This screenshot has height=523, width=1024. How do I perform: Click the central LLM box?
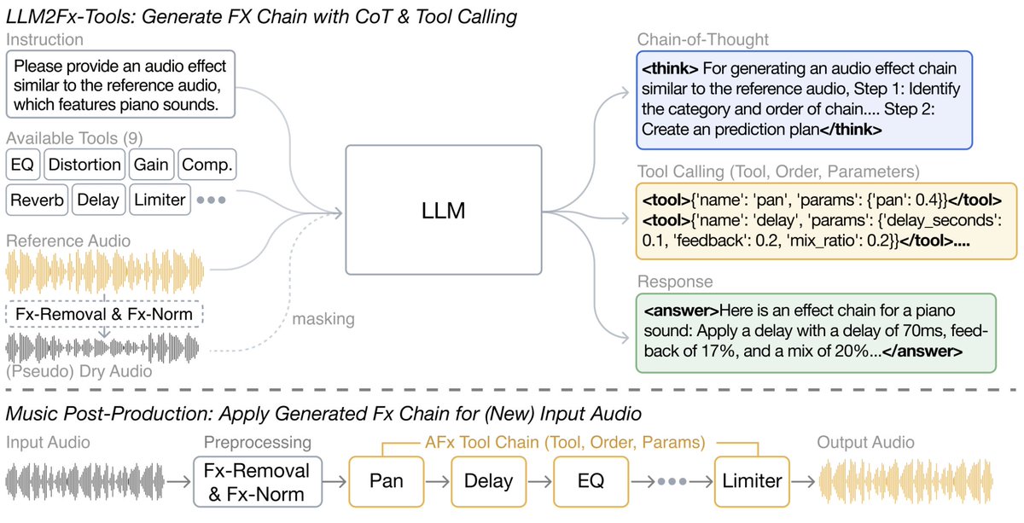[x=443, y=210]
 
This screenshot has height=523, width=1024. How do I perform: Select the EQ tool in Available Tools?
[x=22, y=165]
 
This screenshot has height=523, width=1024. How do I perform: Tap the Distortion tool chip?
[x=84, y=165]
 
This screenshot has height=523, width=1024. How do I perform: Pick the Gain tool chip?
[x=151, y=165]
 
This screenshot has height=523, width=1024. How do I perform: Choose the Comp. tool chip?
[x=207, y=165]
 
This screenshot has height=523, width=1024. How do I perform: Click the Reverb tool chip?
[x=37, y=200]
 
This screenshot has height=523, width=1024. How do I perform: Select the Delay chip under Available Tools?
[x=98, y=200]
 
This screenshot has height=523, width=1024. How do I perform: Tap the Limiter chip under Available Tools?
[x=160, y=200]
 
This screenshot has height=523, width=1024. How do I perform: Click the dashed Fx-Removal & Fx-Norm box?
[x=103, y=314]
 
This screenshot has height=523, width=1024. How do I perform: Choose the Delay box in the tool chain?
[x=489, y=481]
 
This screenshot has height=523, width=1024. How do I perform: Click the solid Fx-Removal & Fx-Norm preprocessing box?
[x=258, y=482]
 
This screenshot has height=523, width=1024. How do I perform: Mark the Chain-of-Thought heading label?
[x=701, y=39]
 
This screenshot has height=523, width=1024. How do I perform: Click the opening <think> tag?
[x=671, y=68]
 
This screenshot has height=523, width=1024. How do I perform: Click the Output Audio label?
[x=865, y=442]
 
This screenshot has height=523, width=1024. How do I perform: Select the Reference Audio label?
[x=68, y=241]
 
